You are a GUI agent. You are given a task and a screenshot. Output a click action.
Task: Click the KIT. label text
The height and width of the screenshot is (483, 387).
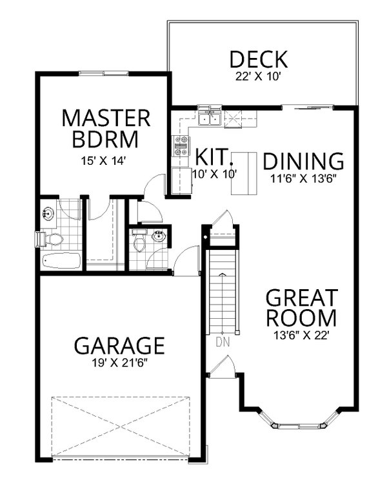pyautogui.click(x=211, y=156)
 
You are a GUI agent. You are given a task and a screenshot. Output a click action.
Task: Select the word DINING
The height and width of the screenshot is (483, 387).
pyautogui.click(x=303, y=160)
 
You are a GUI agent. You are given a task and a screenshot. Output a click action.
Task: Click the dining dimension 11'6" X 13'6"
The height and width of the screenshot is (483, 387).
pyautogui.click(x=303, y=175)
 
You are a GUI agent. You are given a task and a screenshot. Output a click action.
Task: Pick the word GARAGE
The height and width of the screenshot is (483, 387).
pyautogui.click(x=119, y=345)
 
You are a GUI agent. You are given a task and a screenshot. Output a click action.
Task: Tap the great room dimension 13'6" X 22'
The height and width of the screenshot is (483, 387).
pyautogui.click(x=302, y=334)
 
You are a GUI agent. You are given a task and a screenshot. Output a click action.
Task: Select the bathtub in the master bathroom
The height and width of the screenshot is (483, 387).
pyautogui.click(x=60, y=261)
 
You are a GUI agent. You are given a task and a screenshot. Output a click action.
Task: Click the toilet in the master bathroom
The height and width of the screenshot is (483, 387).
pyautogui.click(x=52, y=240)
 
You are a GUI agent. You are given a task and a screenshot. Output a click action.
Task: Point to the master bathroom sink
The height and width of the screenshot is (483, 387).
pyautogui.click(x=48, y=213)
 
